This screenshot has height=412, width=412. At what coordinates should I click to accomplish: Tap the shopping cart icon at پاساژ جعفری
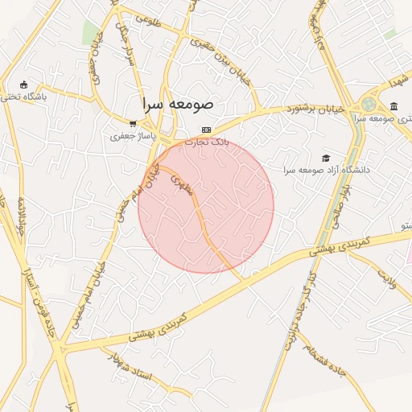coord(132,124)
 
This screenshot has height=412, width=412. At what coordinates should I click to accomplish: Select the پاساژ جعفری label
coord(130,136)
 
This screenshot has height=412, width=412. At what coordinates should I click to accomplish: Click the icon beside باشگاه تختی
coord(23,84)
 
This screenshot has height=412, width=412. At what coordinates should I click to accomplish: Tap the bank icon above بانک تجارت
coord(207,130)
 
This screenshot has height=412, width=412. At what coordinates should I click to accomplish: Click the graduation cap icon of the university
coord(326,158)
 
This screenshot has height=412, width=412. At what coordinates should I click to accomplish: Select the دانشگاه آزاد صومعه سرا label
coord(318,170)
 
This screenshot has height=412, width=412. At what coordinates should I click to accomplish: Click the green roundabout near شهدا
coord(369,104)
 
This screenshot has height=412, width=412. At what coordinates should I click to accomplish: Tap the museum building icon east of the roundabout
coord(393,107)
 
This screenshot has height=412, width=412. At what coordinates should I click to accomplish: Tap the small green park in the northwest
coord(90,32)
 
